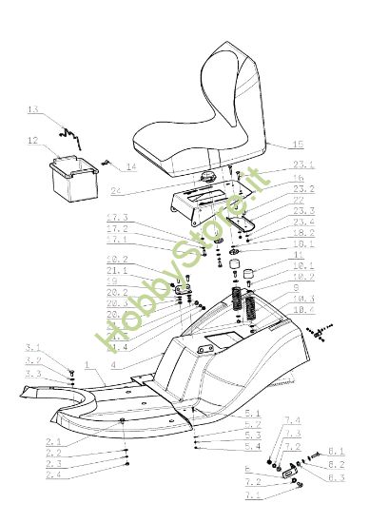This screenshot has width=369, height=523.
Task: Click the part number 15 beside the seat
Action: [x=299, y=145]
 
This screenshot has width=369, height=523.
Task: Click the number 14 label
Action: [x=130, y=166]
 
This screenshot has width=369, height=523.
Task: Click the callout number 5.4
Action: [x=253, y=446]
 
